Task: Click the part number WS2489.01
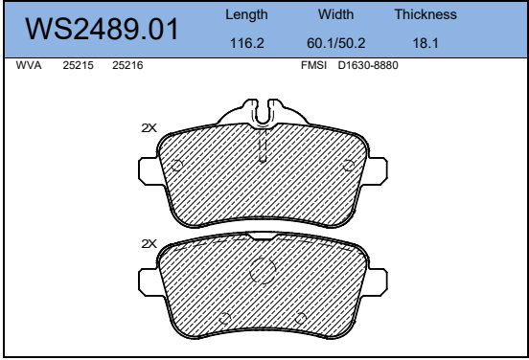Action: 102,30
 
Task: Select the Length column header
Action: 246,14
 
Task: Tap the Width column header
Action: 335,14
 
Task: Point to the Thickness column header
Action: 425,14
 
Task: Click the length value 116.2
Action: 247,43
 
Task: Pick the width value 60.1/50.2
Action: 336,43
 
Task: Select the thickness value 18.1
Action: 425,43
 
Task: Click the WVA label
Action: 29,65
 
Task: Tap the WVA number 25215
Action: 78,65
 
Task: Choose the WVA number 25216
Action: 127,65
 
